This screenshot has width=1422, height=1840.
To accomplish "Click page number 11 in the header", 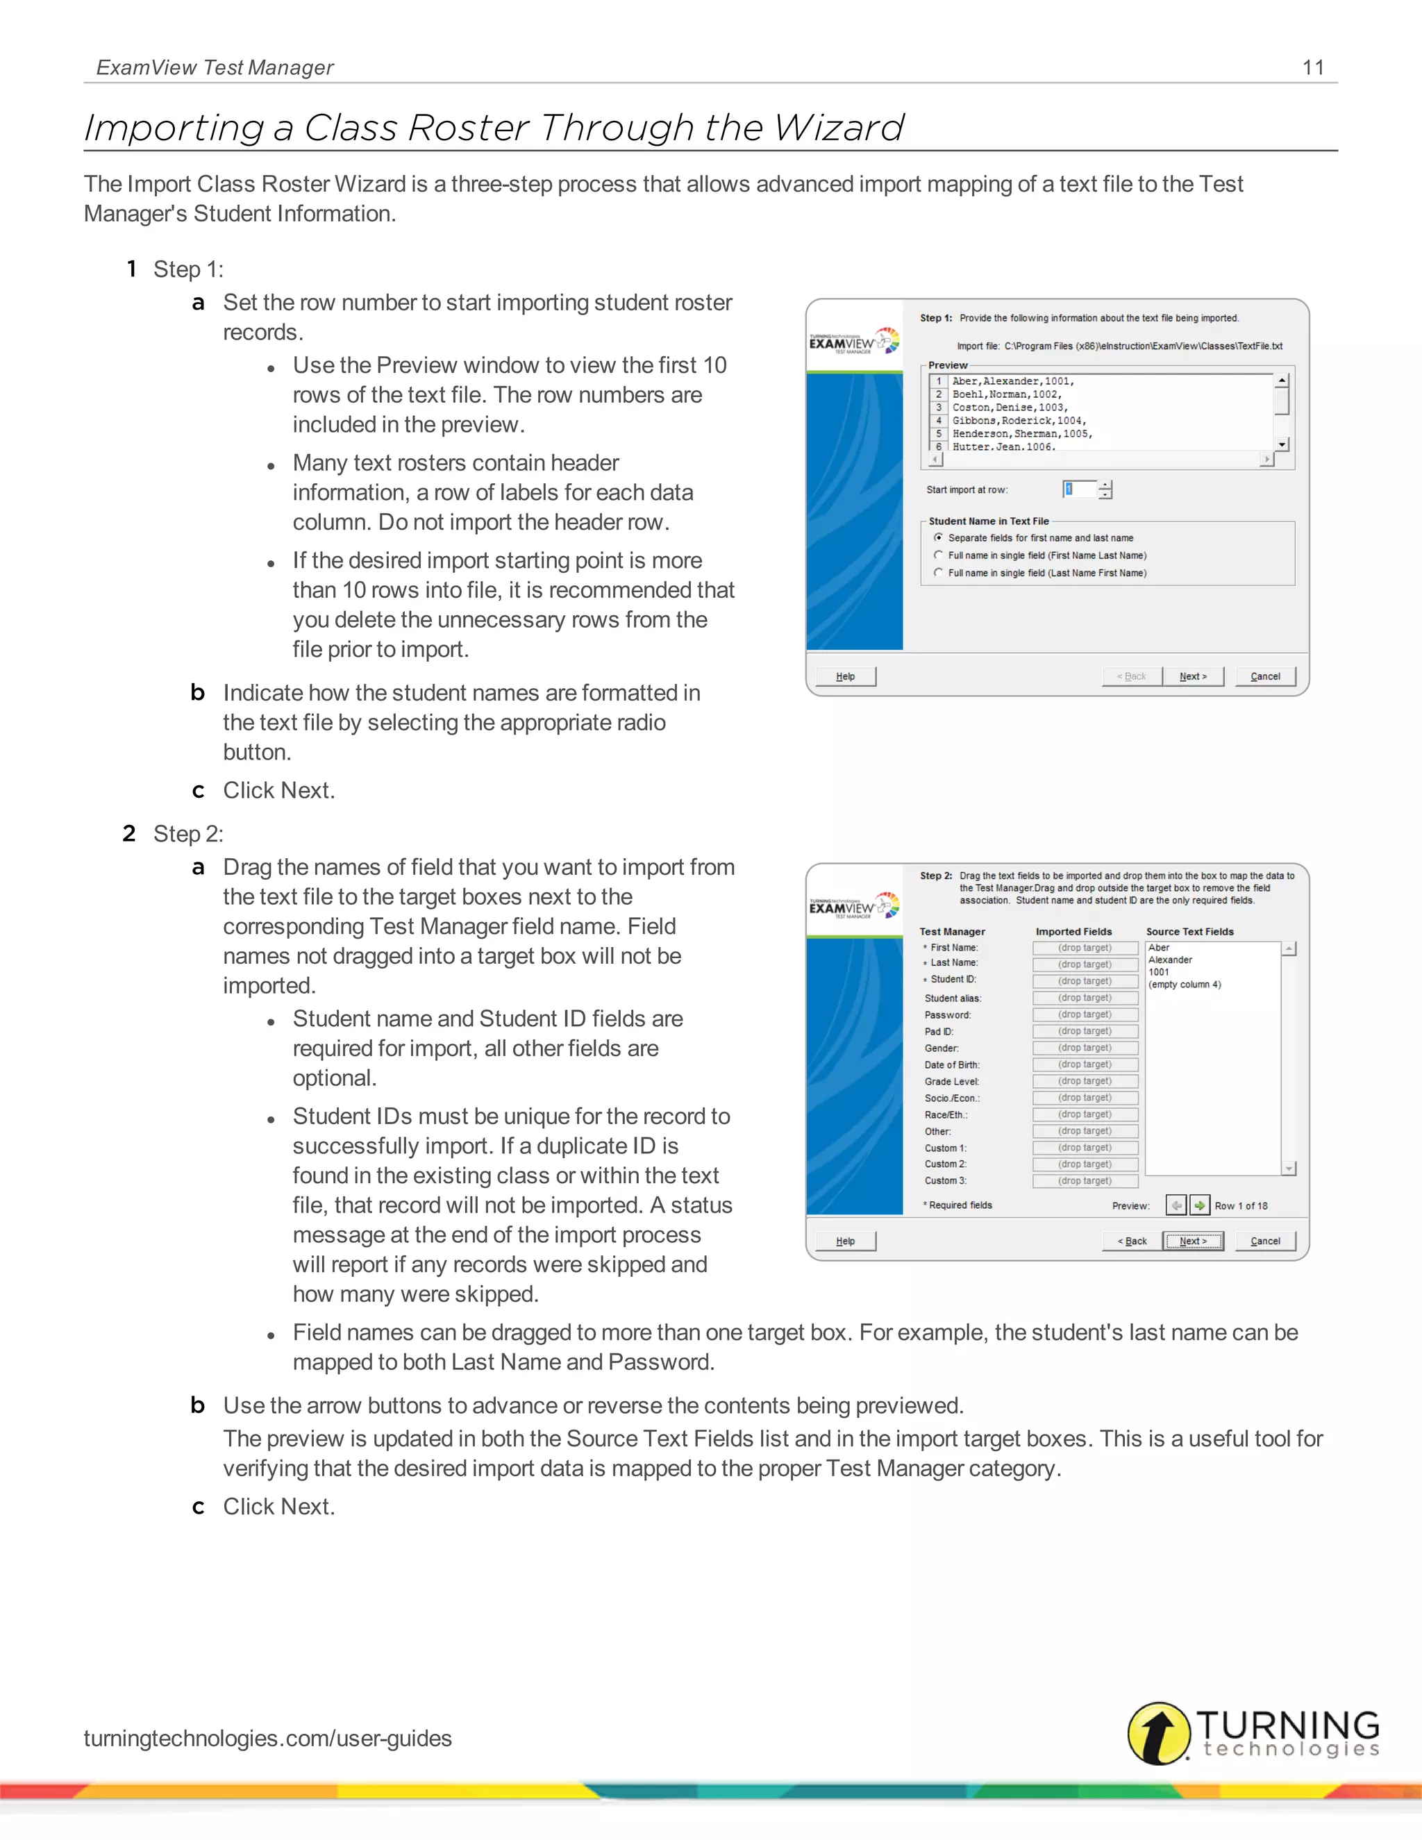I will pos(1312,67).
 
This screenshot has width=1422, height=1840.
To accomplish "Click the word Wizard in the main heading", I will pos(838,128).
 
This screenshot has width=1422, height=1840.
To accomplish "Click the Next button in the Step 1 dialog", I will pos(1193,676).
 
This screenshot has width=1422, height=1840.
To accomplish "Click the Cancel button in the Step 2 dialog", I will pos(1264,1241).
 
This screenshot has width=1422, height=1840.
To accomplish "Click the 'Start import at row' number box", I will pos(1079,490).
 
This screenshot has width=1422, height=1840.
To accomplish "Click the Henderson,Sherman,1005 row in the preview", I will pos(1021,434).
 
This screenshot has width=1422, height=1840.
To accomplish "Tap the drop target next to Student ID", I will pos(1085,980).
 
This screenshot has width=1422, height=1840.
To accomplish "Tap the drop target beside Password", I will pos(1085,1014).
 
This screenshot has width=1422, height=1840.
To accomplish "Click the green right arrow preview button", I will pos(1200,1205).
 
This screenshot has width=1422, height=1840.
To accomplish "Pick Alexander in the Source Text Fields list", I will pos(1170,960).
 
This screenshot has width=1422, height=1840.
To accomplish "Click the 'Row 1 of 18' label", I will pos(1241,1207).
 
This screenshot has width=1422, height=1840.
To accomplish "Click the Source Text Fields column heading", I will pos(1189,932).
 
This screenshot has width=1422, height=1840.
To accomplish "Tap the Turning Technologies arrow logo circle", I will pos(1158,1733).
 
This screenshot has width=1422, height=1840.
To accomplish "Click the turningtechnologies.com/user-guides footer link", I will pos(268,1738).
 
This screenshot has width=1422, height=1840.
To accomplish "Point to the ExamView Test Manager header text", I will pos(215,67).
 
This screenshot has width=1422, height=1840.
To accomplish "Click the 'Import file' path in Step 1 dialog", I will pos(1142,346).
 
